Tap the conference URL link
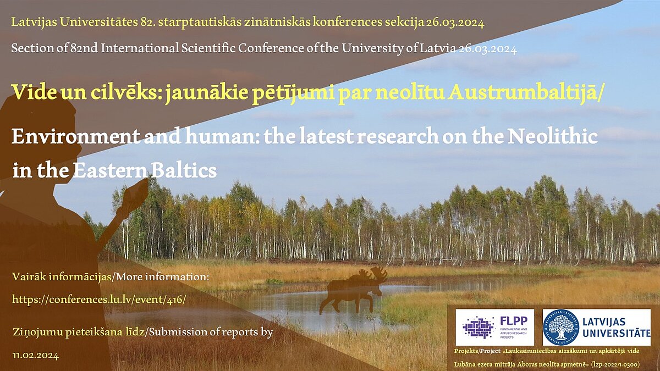(99, 300)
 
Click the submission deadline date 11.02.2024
(36, 356)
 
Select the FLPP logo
(494, 327)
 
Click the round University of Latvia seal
(561, 327)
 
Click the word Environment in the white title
(76, 137)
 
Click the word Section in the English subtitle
(32, 48)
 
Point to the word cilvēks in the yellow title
(126, 92)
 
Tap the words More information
(160, 277)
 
